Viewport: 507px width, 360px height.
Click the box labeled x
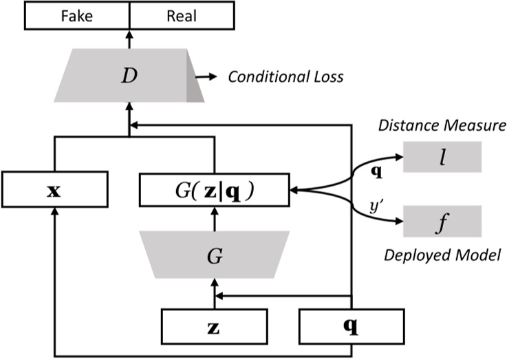(x=55, y=187)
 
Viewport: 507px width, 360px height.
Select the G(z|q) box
(x=214, y=187)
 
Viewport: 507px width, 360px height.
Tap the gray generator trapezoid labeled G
(x=214, y=255)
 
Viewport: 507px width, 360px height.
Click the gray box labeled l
(x=443, y=158)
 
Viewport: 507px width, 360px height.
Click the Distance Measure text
(x=442, y=126)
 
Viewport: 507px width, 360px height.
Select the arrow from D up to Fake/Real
(x=129, y=38)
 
